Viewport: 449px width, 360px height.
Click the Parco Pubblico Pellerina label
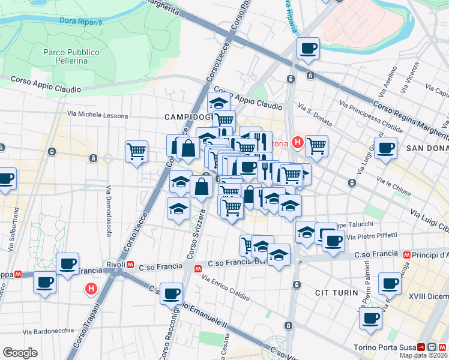tap(65, 56)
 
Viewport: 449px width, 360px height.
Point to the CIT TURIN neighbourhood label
tap(336, 293)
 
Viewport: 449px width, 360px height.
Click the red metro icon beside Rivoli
tap(130, 265)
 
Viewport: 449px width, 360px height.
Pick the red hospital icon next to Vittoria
tap(297, 143)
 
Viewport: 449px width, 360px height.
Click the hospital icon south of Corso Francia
tap(91, 289)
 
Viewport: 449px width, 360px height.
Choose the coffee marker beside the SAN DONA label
tap(385, 148)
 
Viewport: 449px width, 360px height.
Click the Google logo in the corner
tap(20, 352)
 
